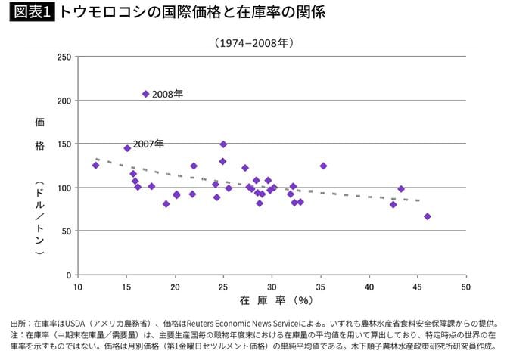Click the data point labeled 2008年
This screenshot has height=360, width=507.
point(146,94)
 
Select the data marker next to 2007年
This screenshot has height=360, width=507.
point(127,148)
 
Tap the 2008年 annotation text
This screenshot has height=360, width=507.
point(168,95)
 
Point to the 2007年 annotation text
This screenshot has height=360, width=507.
point(148,144)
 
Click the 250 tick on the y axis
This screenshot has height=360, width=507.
point(64,57)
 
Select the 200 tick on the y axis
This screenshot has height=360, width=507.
point(64,101)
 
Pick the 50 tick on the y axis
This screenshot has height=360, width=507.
point(67,231)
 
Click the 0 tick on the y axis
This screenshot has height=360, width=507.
point(69,275)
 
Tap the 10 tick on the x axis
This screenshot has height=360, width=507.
point(77,287)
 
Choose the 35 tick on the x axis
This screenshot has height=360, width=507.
point(321,287)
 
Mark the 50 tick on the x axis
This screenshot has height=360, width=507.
point(466,287)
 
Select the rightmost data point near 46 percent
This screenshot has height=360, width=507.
point(428,216)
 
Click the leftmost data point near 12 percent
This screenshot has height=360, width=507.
point(95,165)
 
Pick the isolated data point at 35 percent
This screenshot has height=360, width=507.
point(323,166)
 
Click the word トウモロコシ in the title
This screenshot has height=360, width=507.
point(99,11)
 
